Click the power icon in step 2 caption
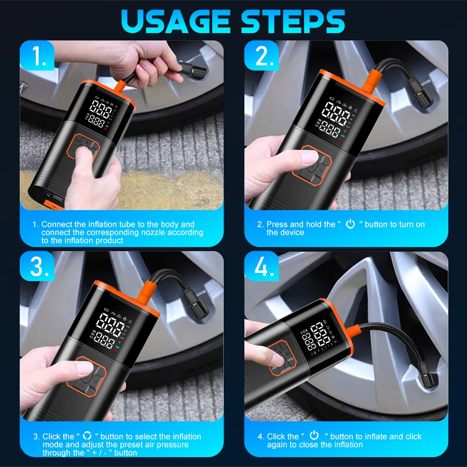pyautogui.click(x=350, y=224)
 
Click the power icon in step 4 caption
pyautogui.click(x=314, y=436)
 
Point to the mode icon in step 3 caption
pyautogui.click(x=87, y=436)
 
